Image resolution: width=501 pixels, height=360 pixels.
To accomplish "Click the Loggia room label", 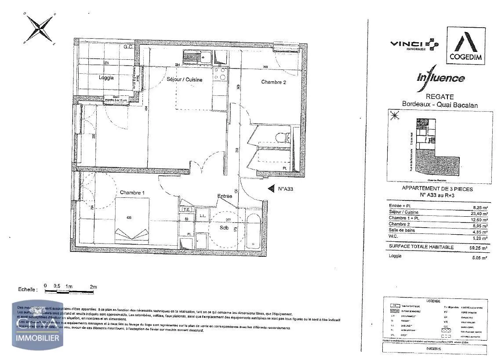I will coord(106,77).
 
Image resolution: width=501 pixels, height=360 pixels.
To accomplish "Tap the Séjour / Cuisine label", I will coord(185,80).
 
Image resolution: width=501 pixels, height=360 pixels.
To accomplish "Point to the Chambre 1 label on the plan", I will coord(131,193).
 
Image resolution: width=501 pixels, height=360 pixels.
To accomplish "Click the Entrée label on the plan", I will coord(225,196).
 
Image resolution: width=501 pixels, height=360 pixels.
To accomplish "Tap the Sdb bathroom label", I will coord(225,228).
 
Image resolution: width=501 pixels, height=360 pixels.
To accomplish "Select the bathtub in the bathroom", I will coord(254,231).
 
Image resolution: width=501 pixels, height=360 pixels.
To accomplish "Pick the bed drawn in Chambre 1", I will coord(132,220).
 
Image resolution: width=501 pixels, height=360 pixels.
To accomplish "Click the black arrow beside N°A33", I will coord(270,188).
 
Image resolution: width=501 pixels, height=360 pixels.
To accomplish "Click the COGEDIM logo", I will coord(466,46).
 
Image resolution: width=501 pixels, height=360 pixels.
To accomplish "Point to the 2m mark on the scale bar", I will coord(93,287).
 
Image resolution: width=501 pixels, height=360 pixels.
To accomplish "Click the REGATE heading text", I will coord(434,97).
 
